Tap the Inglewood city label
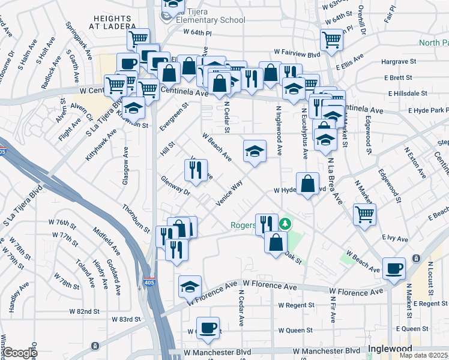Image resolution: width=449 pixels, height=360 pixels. (x=390, y=349)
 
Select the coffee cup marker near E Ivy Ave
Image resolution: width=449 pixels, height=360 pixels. (x=394, y=268)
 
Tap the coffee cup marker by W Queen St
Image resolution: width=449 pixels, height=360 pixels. (x=208, y=328)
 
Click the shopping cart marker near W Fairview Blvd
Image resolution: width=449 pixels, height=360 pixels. (x=331, y=40)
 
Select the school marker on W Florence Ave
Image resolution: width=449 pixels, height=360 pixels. (x=190, y=287)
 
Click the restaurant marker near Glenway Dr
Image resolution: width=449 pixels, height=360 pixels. (x=196, y=170)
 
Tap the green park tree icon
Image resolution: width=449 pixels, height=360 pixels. (x=286, y=224)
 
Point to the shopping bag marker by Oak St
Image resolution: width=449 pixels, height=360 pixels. (x=276, y=242)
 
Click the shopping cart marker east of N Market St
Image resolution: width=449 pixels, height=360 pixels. (x=364, y=215)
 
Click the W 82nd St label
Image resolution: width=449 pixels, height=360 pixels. (x=84, y=311)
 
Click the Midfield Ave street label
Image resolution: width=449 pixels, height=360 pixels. (x=104, y=241)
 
